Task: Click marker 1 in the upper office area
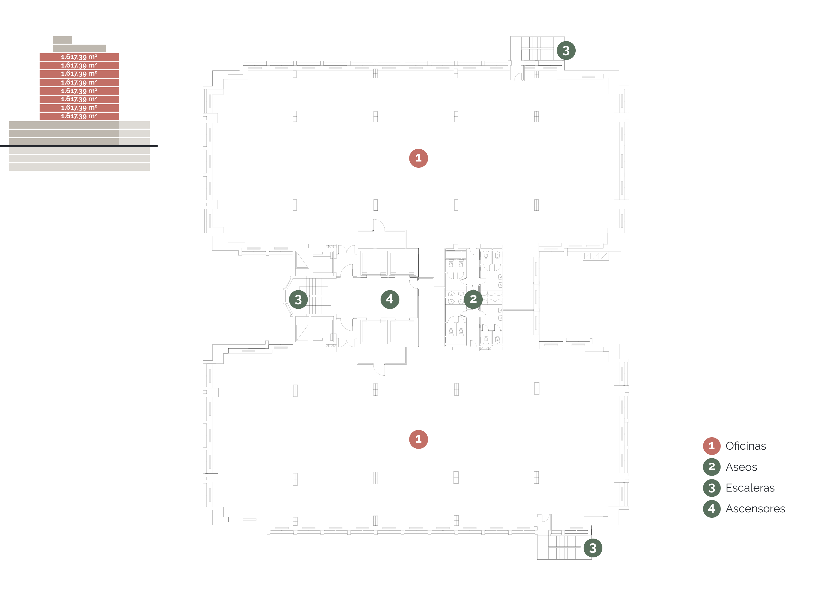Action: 418,158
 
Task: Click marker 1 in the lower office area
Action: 418,439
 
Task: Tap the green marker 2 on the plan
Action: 473,299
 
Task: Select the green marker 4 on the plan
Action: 390,299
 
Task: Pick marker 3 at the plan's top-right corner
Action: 566,51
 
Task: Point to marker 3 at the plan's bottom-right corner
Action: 593,548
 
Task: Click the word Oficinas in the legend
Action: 745,446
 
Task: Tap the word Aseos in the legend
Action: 741,467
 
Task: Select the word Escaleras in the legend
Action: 750,488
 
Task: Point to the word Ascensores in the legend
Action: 755,509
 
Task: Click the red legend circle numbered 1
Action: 712,446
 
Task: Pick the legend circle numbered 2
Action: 712,467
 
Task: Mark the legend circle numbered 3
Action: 712,488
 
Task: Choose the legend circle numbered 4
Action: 712,509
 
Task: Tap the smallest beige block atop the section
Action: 62,40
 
